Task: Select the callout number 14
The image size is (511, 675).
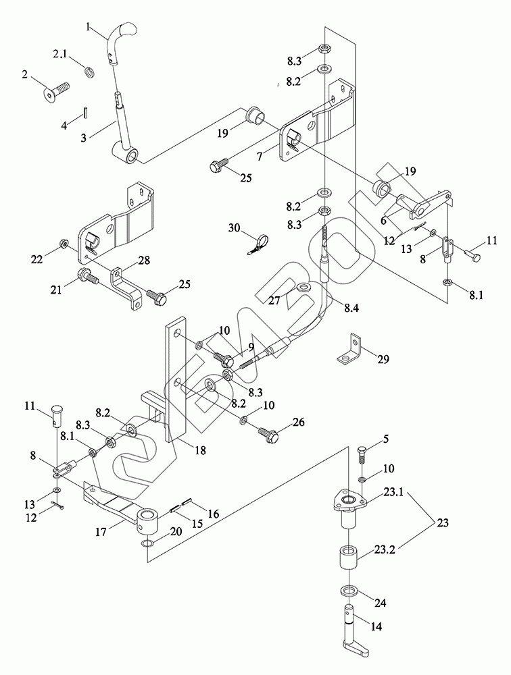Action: pos(376,626)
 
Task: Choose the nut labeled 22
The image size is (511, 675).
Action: pos(63,242)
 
